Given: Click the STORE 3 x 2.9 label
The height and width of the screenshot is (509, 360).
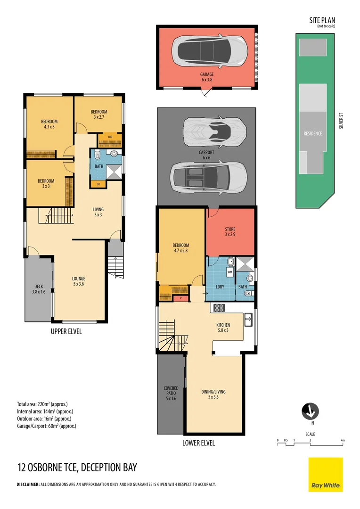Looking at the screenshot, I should click(230, 232).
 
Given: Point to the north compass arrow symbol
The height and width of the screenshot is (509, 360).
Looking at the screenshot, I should click(310, 411).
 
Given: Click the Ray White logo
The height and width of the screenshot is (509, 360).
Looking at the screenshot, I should click(326, 475).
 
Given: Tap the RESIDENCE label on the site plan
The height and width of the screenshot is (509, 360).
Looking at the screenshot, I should click(312, 133).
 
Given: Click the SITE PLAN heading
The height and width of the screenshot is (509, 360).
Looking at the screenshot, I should click(322, 20).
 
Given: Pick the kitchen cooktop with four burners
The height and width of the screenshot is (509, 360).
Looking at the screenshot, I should click(219, 308).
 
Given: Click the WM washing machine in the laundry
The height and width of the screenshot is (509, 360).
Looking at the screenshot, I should click(230, 272).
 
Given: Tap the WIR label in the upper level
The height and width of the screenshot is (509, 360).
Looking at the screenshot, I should click(110, 137).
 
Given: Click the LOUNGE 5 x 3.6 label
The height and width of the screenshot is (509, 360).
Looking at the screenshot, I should click(78, 281).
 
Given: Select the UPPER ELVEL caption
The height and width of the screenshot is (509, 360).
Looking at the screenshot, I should click(66, 331).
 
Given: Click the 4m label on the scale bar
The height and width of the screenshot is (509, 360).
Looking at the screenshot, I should click(343, 440).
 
